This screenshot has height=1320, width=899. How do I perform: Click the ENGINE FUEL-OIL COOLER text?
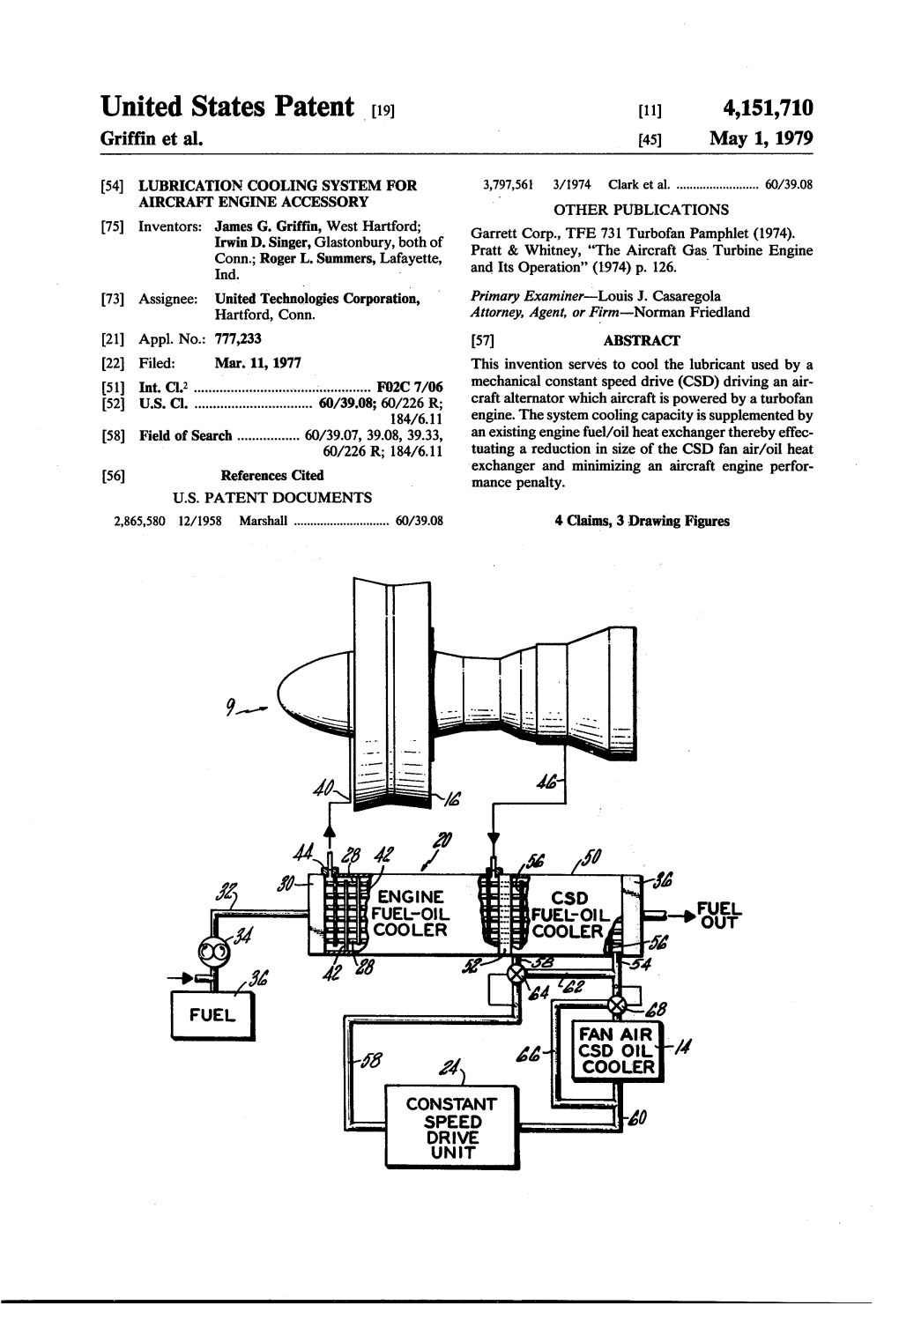tap(410, 914)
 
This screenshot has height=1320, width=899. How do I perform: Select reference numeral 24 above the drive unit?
tap(449, 1069)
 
